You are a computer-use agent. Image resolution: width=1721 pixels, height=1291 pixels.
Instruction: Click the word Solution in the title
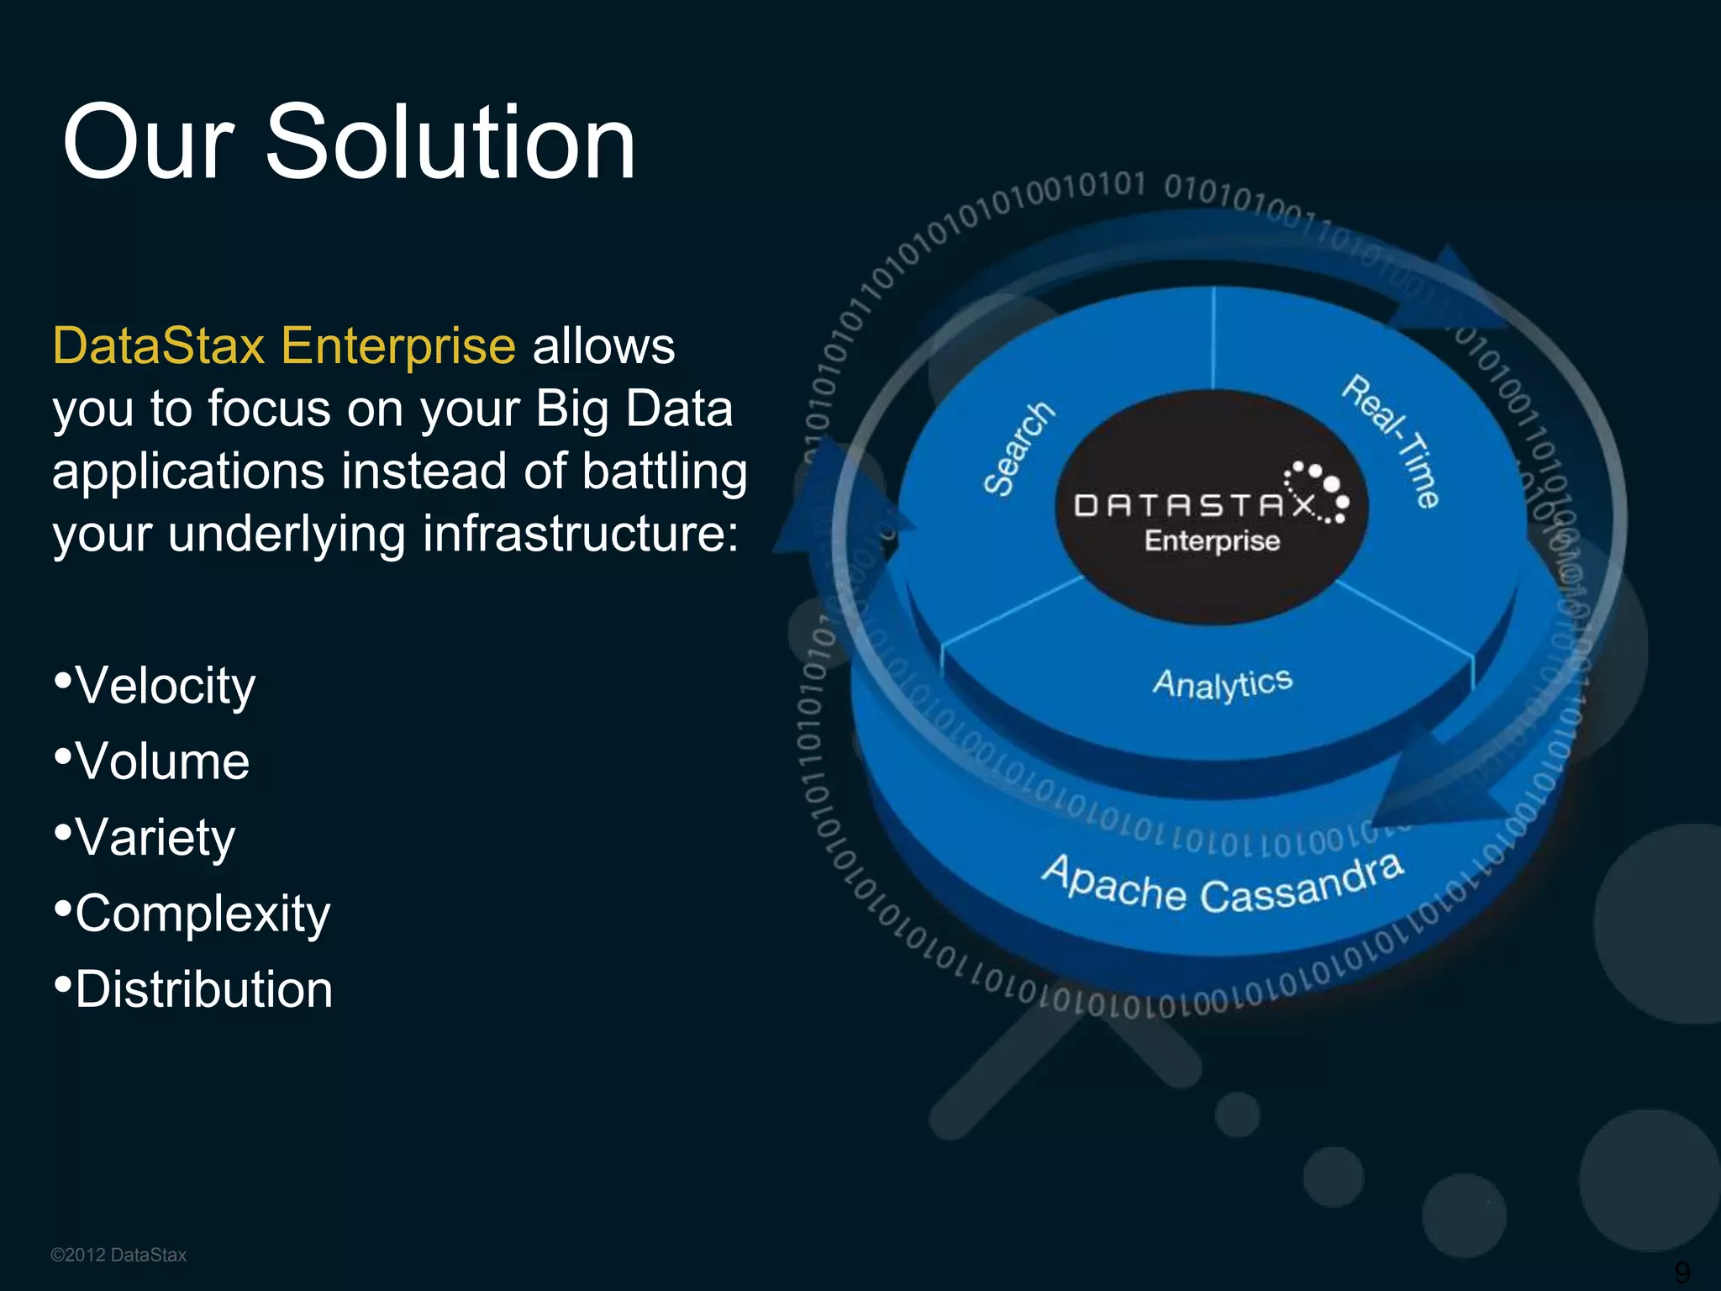click(x=450, y=143)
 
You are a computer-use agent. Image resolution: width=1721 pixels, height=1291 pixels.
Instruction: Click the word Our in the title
click(x=148, y=143)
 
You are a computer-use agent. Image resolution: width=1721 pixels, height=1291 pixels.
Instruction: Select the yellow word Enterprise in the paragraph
click(x=397, y=345)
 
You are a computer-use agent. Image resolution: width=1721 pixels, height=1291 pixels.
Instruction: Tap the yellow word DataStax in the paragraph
click(x=159, y=345)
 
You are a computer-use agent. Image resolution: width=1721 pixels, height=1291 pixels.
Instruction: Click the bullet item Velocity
click(x=165, y=686)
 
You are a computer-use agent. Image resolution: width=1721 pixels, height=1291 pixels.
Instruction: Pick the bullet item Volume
click(x=162, y=761)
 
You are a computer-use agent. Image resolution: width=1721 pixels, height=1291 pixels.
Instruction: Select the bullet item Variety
click(x=155, y=838)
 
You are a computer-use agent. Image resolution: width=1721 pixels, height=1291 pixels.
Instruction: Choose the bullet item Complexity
click(x=202, y=914)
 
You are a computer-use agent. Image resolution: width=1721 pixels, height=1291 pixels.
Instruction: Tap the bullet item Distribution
click(x=203, y=989)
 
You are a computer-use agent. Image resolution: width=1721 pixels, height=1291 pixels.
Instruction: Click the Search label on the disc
click(x=1018, y=449)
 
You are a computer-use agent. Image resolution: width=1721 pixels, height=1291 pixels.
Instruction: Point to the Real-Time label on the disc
click(x=1391, y=441)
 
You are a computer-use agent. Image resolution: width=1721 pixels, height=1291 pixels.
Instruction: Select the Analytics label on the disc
click(x=1222, y=683)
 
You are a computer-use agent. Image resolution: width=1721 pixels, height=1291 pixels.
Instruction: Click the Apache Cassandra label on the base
click(x=1223, y=886)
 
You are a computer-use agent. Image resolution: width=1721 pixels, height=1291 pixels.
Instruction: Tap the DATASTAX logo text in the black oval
click(x=1193, y=505)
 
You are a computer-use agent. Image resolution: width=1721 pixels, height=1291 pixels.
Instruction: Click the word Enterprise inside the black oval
click(x=1212, y=541)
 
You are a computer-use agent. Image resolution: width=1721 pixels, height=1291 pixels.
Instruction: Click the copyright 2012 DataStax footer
click(x=118, y=1255)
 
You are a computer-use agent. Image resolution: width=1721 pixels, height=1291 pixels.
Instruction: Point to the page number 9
click(x=1682, y=1272)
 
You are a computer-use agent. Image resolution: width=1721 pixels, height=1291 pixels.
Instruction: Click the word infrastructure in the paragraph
click(x=580, y=534)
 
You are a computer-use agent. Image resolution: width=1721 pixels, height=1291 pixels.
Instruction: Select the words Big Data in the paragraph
click(x=634, y=409)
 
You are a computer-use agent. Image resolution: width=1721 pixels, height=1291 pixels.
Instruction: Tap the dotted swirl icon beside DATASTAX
click(x=1319, y=492)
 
